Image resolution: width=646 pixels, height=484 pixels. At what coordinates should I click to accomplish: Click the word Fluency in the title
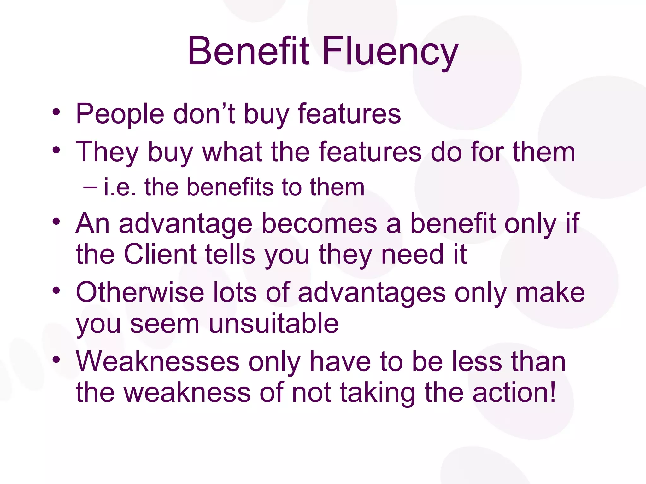pos(390,52)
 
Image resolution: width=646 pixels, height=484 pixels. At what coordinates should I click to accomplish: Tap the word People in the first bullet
pos(120,114)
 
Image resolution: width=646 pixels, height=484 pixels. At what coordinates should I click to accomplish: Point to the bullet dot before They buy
pos(56,150)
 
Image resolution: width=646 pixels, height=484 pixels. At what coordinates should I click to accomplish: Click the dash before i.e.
pos(91,187)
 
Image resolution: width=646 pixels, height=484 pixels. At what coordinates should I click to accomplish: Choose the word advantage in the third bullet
pos(186,224)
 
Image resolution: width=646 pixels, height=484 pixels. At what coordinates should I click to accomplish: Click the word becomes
pos(319,224)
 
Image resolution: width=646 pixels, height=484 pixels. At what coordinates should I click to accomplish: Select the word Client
pos(160,254)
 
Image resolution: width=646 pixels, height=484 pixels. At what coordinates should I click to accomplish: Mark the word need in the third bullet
pos(413,254)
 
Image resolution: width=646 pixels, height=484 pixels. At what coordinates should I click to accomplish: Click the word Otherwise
pos(140,293)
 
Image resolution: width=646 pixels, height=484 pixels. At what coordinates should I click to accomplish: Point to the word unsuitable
pos(273,324)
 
